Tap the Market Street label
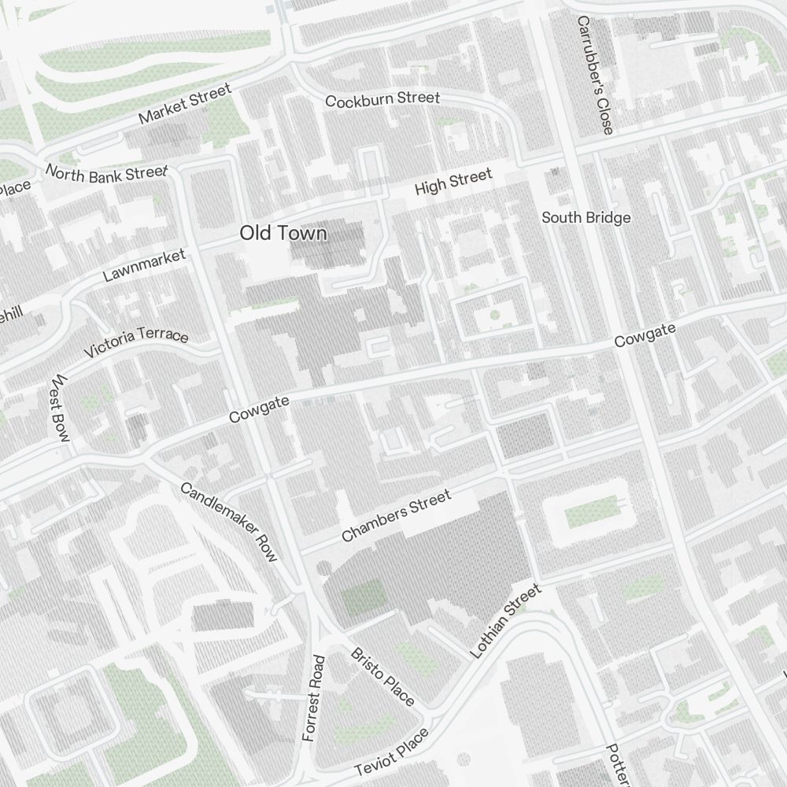(186, 105)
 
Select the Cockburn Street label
(382, 99)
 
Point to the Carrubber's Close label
(594, 75)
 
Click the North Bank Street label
(106, 173)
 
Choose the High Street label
(453, 182)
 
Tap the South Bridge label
(586, 217)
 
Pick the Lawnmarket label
(144, 265)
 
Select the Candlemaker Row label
(229, 522)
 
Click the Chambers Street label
(397, 515)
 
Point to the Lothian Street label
(505, 621)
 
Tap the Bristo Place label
(382, 676)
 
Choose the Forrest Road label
(312, 697)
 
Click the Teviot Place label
(392, 752)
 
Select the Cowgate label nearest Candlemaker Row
(259, 409)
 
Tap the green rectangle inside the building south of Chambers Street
(363, 597)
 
